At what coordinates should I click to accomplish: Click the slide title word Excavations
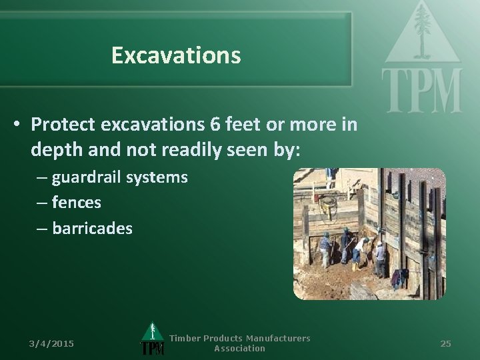point(176,55)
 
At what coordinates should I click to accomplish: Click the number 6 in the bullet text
point(213,125)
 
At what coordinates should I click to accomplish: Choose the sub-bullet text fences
point(76,203)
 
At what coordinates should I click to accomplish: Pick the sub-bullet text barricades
point(92,228)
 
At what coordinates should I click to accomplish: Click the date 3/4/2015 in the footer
point(52,343)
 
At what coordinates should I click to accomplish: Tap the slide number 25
point(446,343)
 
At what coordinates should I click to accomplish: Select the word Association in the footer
point(239,349)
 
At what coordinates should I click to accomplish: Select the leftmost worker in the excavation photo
point(325,248)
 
